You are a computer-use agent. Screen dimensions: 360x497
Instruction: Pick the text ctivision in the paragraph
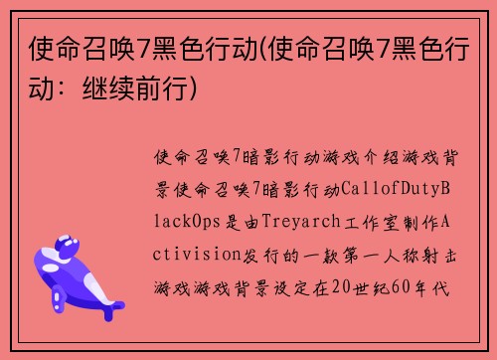coord(198,253)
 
